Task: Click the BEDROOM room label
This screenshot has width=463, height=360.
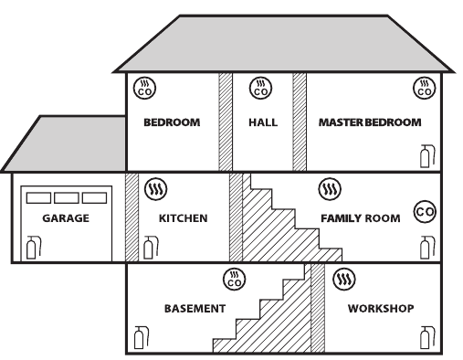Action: click(x=172, y=122)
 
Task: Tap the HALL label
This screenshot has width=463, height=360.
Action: click(x=263, y=122)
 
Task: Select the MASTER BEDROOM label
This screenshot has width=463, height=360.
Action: click(x=370, y=122)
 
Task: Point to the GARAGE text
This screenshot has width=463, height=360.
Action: click(x=66, y=218)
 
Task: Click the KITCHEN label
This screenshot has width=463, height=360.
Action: click(x=184, y=218)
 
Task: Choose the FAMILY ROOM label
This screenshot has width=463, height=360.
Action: click(x=361, y=218)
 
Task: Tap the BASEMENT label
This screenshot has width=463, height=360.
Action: click(x=195, y=309)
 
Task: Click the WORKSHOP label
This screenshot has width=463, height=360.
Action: click(x=381, y=309)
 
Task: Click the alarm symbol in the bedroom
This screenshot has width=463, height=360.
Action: click(x=144, y=89)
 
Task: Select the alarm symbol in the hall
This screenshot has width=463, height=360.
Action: click(x=260, y=89)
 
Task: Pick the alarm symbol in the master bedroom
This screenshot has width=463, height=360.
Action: click(x=425, y=89)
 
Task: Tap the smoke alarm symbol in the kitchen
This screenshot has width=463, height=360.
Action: click(x=156, y=189)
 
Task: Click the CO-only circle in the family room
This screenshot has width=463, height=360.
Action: click(x=425, y=212)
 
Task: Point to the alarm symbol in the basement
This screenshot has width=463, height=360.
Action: click(x=235, y=280)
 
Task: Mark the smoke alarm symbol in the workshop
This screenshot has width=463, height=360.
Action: click(x=344, y=279)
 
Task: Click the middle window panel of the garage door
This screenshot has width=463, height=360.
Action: click(x=67, y=197)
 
